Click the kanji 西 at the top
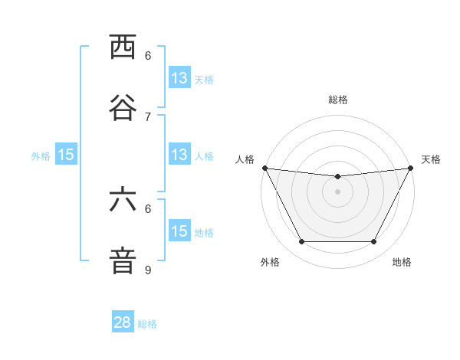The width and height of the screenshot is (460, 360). [123, 47]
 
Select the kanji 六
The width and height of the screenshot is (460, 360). [123, 200]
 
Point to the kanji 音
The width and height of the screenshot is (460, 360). [123, 260]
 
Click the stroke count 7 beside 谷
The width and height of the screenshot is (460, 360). [148, 116]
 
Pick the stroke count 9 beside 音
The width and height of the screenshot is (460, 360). [148, 270]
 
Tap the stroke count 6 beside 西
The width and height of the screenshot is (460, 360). [148, 56]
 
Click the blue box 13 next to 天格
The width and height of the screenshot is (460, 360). [179, 78]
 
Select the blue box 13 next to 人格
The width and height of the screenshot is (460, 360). [179, 155]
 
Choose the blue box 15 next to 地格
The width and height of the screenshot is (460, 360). [179, 231]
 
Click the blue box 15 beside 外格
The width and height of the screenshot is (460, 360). [66, 155]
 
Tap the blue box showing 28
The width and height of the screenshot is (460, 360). [123, 322]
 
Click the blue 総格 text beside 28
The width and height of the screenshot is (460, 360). [147, 324]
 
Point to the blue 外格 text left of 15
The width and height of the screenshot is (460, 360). [41, 156]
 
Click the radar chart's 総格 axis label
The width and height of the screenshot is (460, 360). [337, 100]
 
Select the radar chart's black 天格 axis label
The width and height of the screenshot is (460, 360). [432, 159]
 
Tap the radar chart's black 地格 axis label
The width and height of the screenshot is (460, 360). [402, 263]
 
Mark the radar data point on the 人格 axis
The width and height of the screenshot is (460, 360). [264, 168]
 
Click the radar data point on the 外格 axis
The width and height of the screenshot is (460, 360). [301, 242]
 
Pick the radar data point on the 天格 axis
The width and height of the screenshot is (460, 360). [411, 168]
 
